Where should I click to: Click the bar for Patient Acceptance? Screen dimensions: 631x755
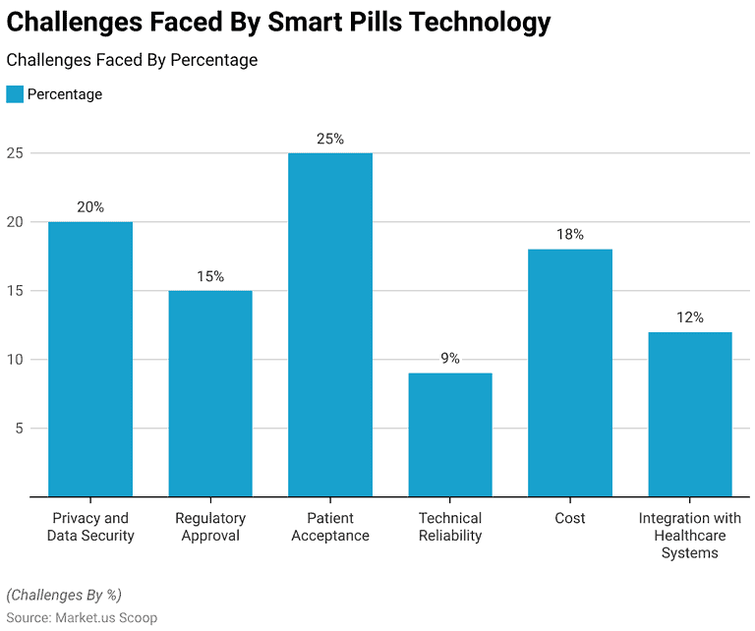[x=330, y=324]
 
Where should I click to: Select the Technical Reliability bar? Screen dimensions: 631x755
[x=450, y=434]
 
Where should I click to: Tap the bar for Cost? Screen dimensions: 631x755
[x=570, y=373]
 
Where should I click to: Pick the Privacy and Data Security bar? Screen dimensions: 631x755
[x=90, y=359]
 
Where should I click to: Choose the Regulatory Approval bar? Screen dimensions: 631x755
[x=210, y=393]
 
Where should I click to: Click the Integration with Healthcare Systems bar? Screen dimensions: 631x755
[x=690, y=414]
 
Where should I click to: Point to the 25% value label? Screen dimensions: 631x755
[x=330, y=139]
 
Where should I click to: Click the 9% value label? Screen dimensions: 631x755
[x=450, y=359]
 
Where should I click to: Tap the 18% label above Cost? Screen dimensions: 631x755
[x=570, y=235]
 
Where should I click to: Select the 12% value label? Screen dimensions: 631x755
[x=690, y=317]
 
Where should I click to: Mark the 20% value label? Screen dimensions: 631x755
[x=90, y=207]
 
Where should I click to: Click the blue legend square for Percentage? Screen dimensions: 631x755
[x=15, y=94]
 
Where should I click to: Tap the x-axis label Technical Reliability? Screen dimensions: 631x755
[x=450, y=527]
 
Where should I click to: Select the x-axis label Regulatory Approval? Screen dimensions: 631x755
[x=210, y=527]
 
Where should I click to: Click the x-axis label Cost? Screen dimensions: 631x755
[x=570, y=518]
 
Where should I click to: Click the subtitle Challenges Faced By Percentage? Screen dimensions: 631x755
[x=132, y=60]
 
